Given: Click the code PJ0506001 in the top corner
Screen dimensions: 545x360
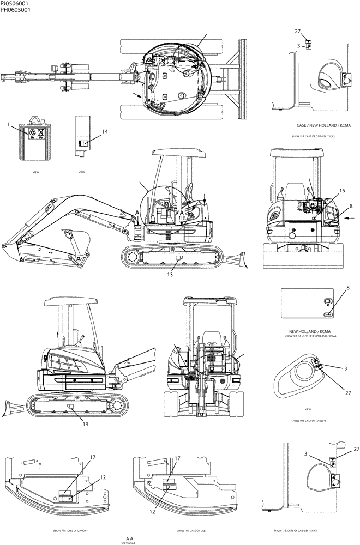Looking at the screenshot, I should click(x=15, y=3).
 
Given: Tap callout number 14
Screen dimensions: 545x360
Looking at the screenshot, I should click(x=105, y=131).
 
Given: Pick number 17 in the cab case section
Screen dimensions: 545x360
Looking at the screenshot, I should click(x=177, y=458).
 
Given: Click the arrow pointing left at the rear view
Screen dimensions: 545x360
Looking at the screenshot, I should click(x=352, y=219).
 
